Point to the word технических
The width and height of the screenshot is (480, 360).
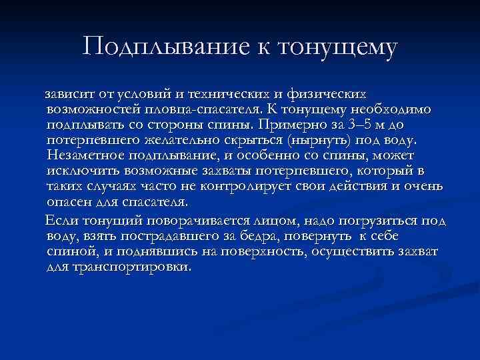pyautogui.click(x=227, y=93)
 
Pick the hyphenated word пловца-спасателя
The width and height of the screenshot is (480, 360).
pyautogui.click(x=203, y=109)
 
